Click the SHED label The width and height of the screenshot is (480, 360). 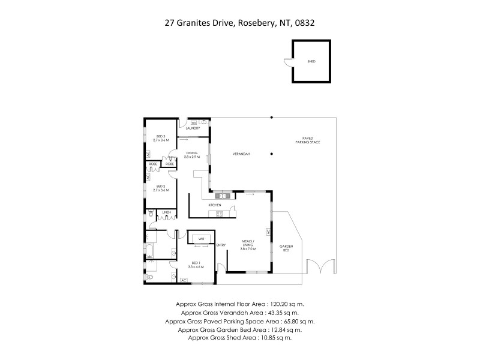(x=311, y=61)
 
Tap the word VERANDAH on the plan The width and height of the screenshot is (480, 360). (x=241, y=154)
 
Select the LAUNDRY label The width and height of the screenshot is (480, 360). (x=193, y=128)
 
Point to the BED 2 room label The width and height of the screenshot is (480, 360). (x=161, y=188)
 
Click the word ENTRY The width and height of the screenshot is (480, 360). (x=221, y=244)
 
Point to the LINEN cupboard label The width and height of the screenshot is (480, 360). (x=167, y=212)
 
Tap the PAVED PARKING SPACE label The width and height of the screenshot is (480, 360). (x=307, y=141)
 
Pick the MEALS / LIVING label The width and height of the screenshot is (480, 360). (x=248, y=244)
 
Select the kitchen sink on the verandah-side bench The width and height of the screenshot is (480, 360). (x=221, y=196)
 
